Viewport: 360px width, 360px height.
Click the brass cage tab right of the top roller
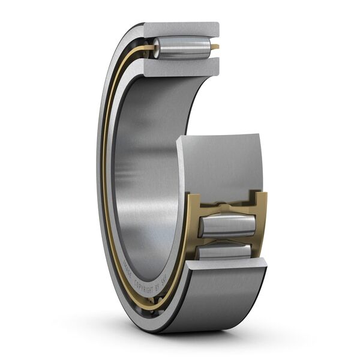pyautogui.click(x=215, y=47)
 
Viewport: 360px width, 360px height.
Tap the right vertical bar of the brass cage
pyautogui.click(x=262, y=222)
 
